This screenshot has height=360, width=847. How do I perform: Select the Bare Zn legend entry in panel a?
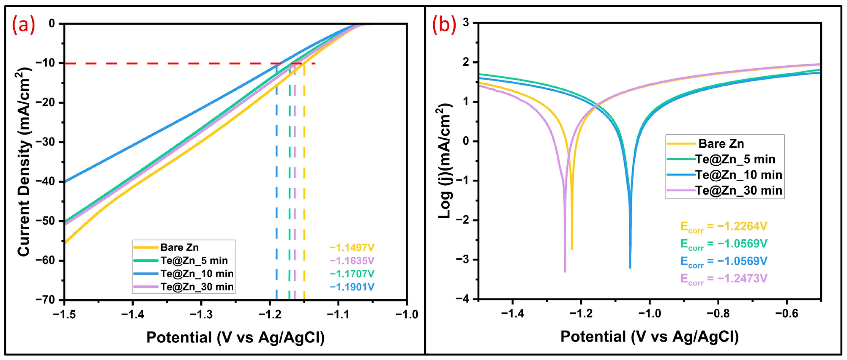(x=179, y=247)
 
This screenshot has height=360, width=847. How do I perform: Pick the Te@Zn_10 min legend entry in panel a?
(x=197, y=274)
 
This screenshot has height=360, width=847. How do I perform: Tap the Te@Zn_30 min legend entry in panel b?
(x=738, y=190)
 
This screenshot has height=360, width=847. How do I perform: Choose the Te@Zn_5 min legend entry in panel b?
(x=735, y=159)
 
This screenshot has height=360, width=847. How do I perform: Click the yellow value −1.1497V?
(x=352, y=248)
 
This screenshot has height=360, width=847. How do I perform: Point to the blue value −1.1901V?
(x=352, y=287)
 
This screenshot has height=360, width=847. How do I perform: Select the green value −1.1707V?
(x=352, y=274)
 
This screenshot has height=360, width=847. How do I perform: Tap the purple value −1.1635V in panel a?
(x=352, y=261)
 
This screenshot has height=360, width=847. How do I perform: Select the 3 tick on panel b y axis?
(x=466, y=23)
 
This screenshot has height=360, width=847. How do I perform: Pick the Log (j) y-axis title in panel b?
(x=446, y=161)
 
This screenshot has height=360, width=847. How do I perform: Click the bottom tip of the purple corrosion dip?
(x=565, y=272)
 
